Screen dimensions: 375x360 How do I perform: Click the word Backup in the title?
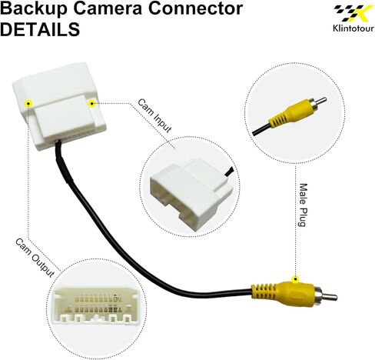(34, 8)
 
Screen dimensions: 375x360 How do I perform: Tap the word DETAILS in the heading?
(40, 29)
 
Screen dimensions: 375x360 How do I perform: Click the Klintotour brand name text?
(353, 28)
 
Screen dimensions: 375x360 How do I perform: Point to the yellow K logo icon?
(353, 13)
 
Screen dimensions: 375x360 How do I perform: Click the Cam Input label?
(154, 115)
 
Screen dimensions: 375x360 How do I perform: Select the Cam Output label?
(35, 258)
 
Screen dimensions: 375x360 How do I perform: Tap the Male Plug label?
(303, 205)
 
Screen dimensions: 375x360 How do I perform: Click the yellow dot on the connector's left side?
(28, 104)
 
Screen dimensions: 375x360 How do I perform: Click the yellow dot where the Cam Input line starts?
(91, 104)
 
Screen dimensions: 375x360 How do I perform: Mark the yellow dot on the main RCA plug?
(296, 279)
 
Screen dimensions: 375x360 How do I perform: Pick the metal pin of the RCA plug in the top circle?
(318, 103)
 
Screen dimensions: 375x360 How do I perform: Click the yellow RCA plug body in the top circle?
(290, 115)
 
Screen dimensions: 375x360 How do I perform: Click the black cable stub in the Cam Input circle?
(229, 172)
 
